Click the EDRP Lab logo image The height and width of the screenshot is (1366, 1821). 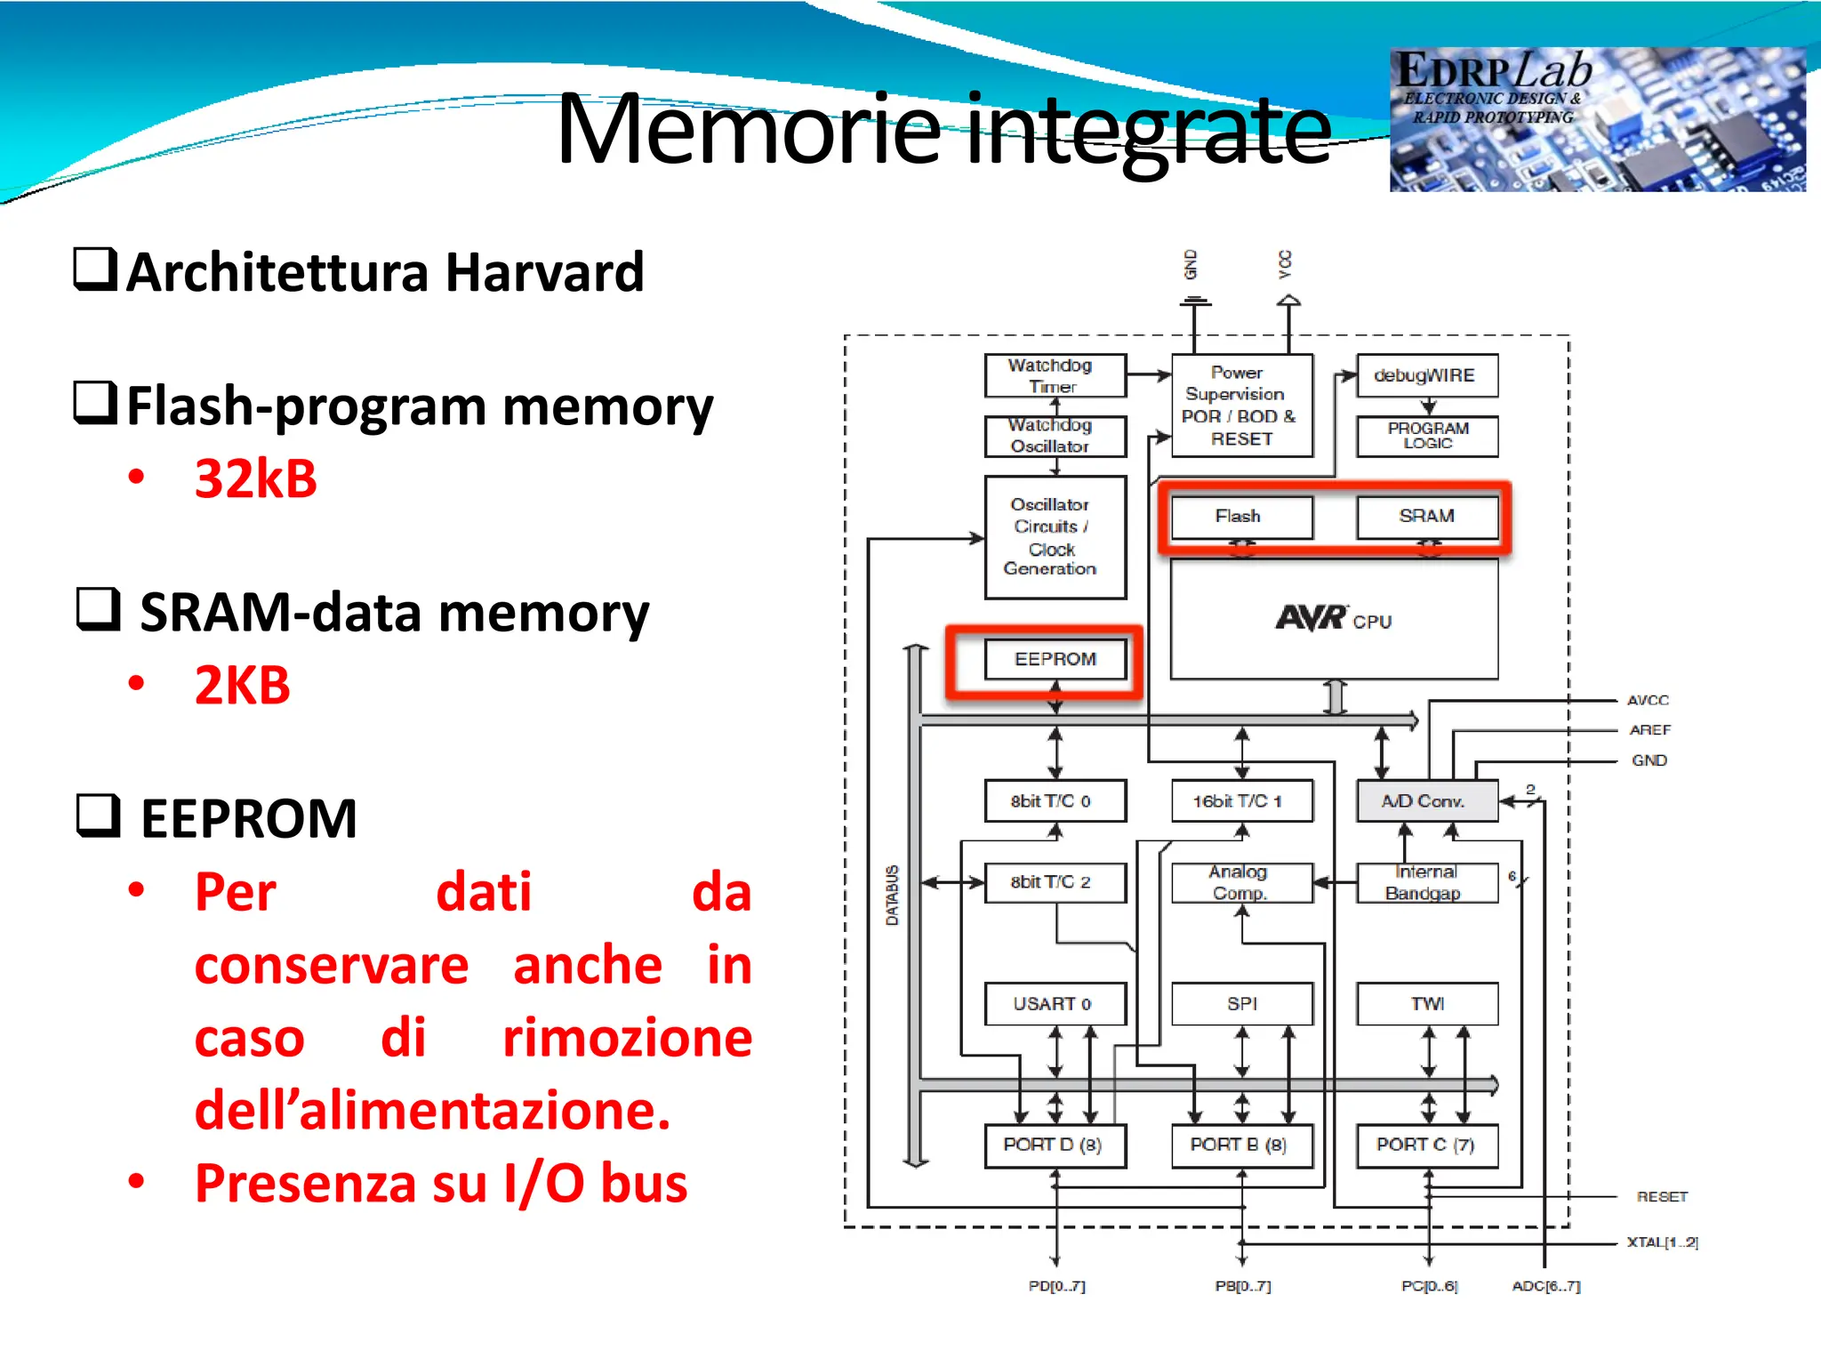1597,119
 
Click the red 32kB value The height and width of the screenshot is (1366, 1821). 256,479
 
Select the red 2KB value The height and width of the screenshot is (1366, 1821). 243,686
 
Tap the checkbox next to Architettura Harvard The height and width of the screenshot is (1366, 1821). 94,269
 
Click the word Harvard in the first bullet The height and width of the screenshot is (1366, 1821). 544,273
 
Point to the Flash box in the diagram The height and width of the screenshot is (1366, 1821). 1241,517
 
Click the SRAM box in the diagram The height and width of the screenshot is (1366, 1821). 1426,517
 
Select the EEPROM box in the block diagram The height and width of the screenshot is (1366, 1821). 1055,659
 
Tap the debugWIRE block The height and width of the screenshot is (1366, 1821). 1426,375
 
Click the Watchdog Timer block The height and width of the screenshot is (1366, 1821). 1055,375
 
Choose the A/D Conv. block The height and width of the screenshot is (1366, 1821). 1426,800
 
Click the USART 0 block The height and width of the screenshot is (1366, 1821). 1055,1003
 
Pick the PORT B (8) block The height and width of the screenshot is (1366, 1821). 1241,1145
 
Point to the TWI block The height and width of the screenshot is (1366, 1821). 1426,1003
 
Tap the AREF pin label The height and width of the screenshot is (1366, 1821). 1649,730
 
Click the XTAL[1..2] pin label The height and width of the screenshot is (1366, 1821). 1662,1242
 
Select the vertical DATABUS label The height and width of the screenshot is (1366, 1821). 892,895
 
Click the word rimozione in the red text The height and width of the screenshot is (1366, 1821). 627,1038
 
